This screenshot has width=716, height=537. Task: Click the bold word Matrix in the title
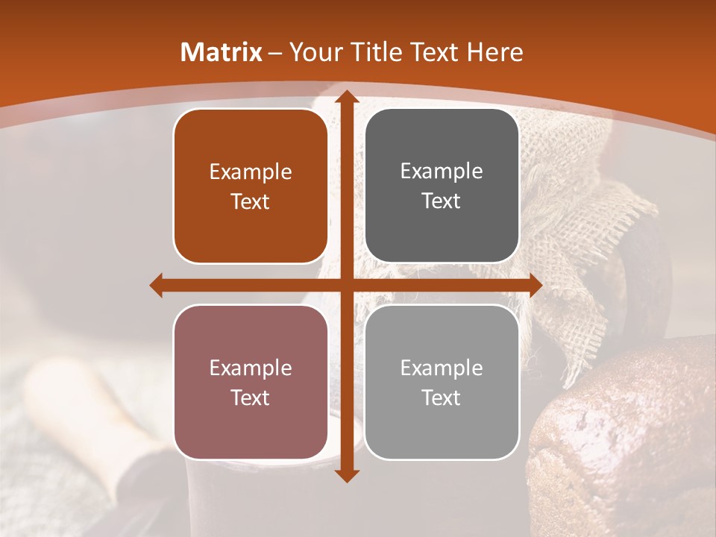click(222, 52)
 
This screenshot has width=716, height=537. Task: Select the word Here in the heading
click(495, 52)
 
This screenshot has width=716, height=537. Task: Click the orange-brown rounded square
click(251, 186)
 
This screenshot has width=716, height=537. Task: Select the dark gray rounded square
click(442, 186)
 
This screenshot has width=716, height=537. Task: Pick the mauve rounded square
click(251, 382)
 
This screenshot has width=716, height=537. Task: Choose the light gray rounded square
click(442, 382)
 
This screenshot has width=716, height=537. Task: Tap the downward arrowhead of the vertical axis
click(346, 475)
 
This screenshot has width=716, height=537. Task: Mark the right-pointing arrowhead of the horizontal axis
click(535, 285)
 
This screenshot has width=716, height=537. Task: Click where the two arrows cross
click(346, 285)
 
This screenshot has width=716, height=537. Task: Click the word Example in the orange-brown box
click(251, 172)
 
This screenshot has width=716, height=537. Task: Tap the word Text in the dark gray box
click(442, 201)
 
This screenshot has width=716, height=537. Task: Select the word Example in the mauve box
click(251, 368)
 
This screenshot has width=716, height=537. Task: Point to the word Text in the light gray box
click(442, 398)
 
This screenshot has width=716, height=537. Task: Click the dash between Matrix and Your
click(275, 53)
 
